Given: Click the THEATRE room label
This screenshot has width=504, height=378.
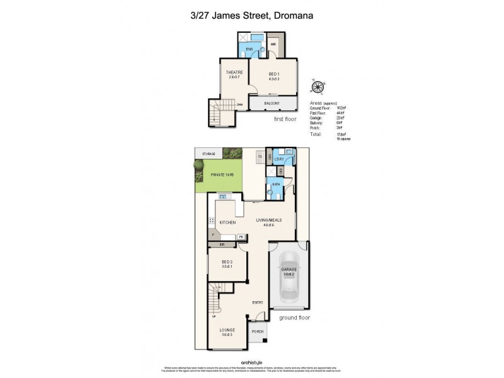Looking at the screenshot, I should pyautogui.click(x=235, y=72).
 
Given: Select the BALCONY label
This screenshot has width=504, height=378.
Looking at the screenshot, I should pyautogui.click(x=272, y=103).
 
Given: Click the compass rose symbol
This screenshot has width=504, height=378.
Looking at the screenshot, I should pyautogui.click(x=318, y=87).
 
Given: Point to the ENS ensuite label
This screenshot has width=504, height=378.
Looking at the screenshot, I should pyautogui.click(x=249, y=49).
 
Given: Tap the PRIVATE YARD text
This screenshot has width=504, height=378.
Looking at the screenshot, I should pyautogui.click(x=217, y=175).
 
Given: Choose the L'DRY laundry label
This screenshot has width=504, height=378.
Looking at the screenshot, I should pyautogui.click(x=280, y=158).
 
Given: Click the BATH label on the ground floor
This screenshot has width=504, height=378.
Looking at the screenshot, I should pyautogui.click(x=275, y=185).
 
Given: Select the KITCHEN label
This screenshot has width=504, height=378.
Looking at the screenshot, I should pyautogui.click(x=228, y=222).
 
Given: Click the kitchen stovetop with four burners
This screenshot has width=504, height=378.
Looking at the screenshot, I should pyautogui.click(x=212, y=221).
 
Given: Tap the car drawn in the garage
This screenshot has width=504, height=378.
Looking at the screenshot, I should pyautogui.click(x=289, y=275).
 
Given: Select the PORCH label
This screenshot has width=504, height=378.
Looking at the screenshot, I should pyautogui.click(x=257, y=332).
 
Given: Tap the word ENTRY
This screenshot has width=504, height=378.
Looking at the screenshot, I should pyautogui.click(x=258, y=302).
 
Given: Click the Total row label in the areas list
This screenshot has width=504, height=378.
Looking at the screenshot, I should pyautogui.click(x=316, y=134).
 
